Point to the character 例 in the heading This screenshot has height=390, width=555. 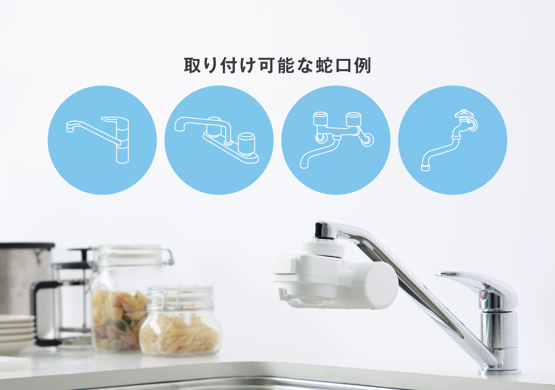pos(363,65)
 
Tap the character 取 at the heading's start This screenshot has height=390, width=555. pos(192,65)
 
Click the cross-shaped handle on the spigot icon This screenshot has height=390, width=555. pos(464,114)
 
